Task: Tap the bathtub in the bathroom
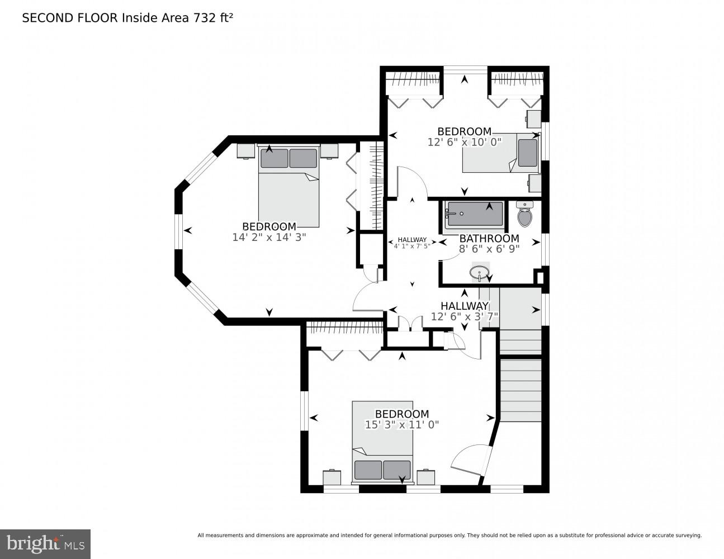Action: (474, 214)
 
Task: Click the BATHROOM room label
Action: (489, 239)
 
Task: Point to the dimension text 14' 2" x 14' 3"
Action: (269, 237)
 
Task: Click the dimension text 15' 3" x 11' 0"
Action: (401, 424)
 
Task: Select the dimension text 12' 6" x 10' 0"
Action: (464, 142)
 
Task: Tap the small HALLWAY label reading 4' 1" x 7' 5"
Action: (412, 243)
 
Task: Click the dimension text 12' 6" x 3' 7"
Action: (464, 316)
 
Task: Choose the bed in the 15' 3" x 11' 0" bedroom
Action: (382, 442)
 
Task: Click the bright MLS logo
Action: (45, 543)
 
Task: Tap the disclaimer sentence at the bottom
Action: (449, 536)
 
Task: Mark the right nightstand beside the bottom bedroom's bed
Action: (426, 477)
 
